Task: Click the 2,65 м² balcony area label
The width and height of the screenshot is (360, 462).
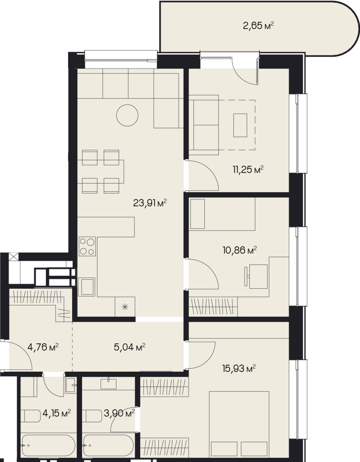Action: tap(258, 26)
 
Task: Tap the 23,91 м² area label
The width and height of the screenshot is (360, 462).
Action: tap(150, 203)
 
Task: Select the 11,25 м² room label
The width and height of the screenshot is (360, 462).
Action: tap(248, 170)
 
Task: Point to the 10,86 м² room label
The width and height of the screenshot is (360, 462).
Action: tap(240, 250)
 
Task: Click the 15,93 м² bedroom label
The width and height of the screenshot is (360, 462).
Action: tap(239, 368)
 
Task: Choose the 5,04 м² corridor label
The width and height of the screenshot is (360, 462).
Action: tap(129, 347)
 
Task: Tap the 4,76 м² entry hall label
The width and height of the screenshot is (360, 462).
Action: tap(43, 347)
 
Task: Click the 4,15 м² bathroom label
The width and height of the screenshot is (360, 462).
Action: tap(56, 413)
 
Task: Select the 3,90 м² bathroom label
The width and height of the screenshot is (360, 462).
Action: tap(119, 413)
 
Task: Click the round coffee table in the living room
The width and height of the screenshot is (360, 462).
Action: tap(127, 115)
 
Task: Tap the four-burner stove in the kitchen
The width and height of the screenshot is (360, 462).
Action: tap(87, 246)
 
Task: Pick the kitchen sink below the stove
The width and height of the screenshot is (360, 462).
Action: tap(86, 286)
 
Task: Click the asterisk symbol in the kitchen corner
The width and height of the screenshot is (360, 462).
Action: tap(125, 307)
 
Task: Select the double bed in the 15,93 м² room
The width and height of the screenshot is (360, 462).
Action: tap(239, 424)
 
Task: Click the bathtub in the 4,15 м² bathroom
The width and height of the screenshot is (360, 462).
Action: tap(48, 446)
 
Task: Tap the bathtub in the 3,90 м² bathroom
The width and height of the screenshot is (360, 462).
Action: tap(108, 446)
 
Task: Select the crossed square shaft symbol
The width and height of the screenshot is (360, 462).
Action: tap(13, 257)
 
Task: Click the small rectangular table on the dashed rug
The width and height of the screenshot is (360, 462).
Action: tap(240, 125)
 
